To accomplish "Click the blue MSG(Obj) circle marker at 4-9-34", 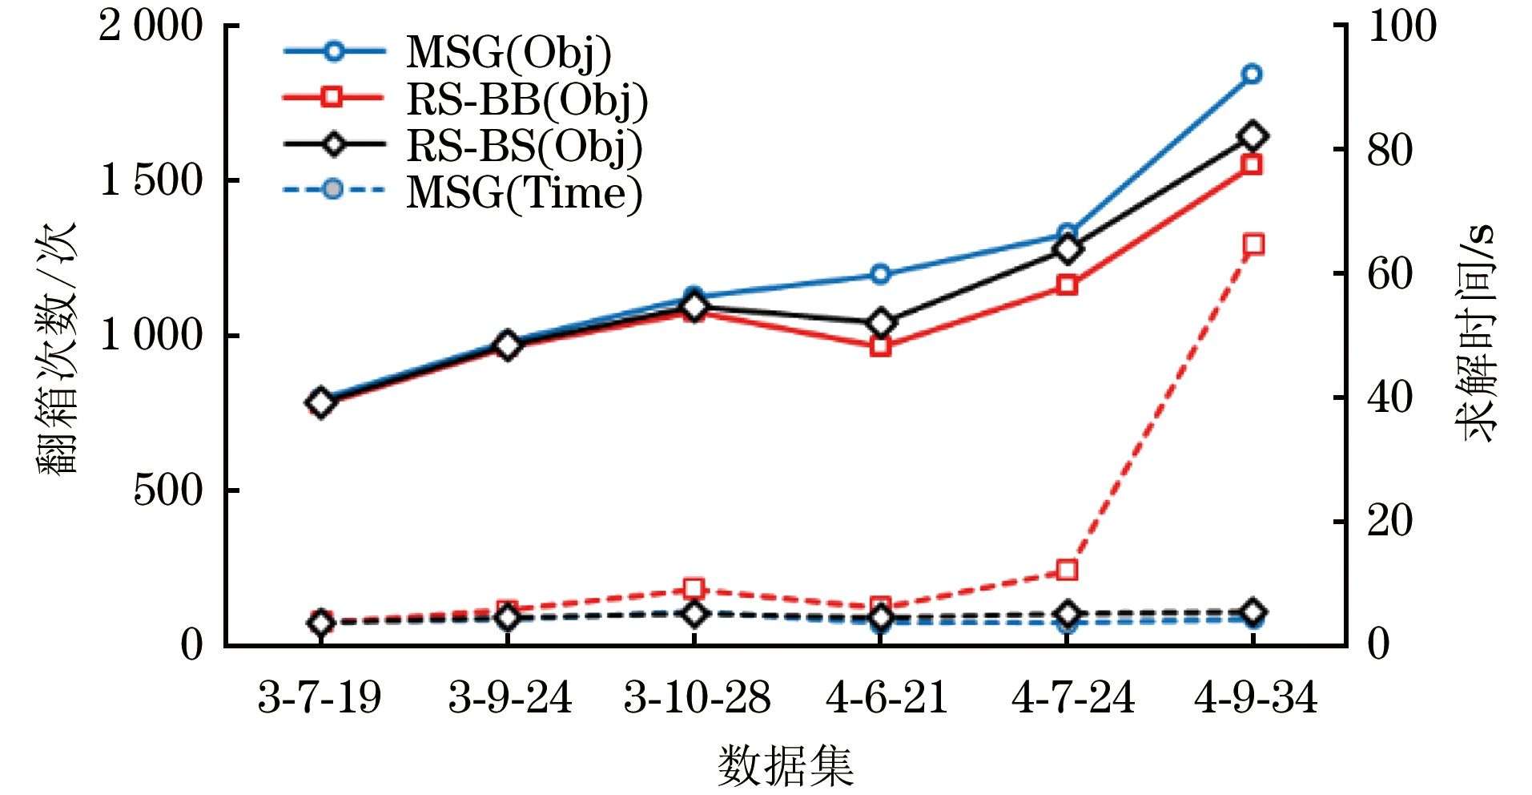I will pyautogui.click(x=1252, y=75).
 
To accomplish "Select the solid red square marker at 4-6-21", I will pyautogui.click(x=881, y=347).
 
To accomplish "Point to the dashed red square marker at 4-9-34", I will pyautogui.click(x=1253, y=244).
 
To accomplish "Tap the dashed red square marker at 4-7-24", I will pyautogui.click(x=1067, y=571).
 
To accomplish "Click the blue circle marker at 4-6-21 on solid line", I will pyautogui.click(x=881, y=274).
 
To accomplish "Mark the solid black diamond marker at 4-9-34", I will pyautogui.click(x=1253, y=136).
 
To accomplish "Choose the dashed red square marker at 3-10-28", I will pyautogui.click(x=694, y=589).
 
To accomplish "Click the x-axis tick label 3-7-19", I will pyautogui.click(x=320, y=697).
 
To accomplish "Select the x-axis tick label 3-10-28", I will pyautogui.click(x=697, y=697).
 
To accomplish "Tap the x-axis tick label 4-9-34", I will pyautogui.click(x=1255, y=697).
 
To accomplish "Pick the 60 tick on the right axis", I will pyautogui.click(x=1389, y=274).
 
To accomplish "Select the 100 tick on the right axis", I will pyautogui.click(x=1401, y=26).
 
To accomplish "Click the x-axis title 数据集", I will pyautogui.click(x=785, y=765).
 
